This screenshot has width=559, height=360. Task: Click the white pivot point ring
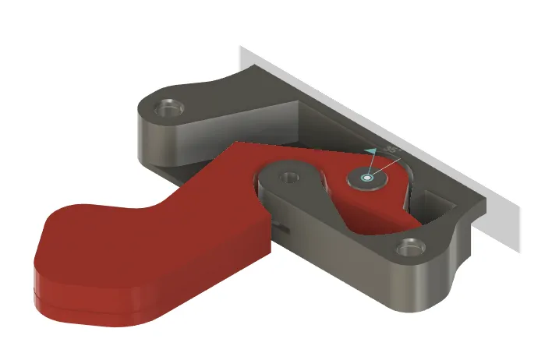pos(368,179)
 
